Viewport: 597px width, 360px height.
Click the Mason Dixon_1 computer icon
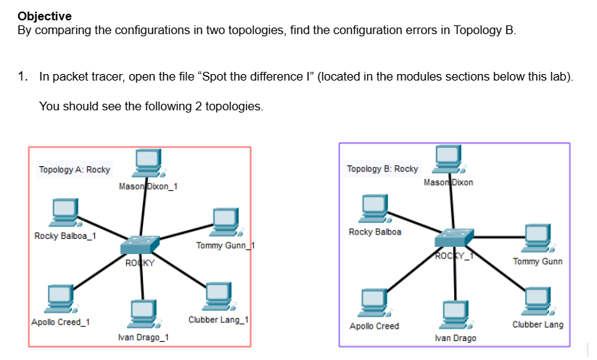(147, 163)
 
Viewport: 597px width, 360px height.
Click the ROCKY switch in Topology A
(139, 245)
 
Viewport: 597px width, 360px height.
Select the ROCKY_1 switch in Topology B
(453, 237)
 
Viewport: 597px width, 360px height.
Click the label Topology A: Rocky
(75, 170)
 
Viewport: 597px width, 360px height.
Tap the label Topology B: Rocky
(382, 168)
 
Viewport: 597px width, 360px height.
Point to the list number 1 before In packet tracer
(23, 76)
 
